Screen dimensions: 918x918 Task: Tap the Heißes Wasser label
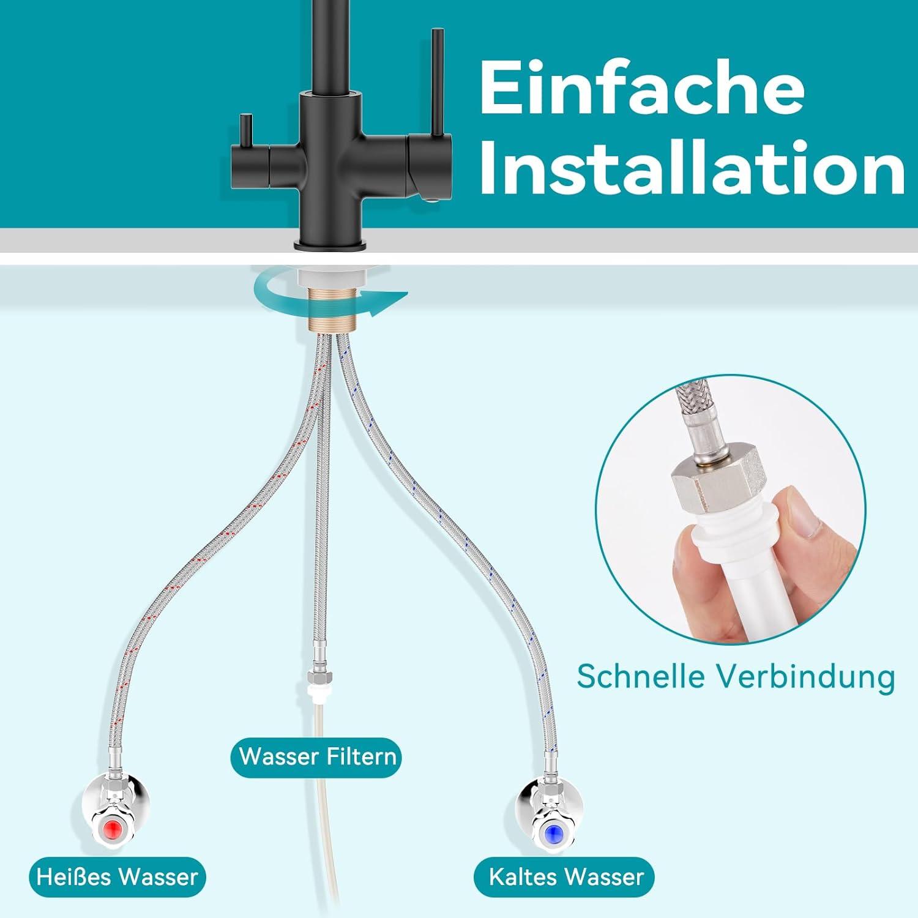point(118,876)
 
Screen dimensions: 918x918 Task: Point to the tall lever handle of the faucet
point(438,82)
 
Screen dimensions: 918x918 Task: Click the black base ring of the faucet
point(330,245)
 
